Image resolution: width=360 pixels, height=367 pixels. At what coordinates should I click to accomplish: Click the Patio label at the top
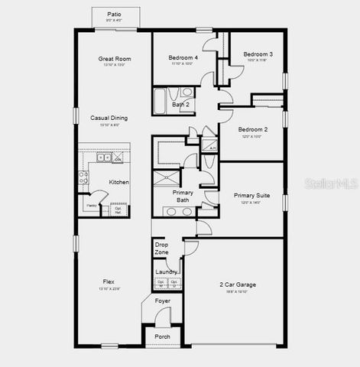tap(115, 14)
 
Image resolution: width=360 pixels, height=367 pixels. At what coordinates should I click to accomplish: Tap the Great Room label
tap(115, 58)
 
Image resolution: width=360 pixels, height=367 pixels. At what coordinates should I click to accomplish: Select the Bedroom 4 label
tap(183, 57)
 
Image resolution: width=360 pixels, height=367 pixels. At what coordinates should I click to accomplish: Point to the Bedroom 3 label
tap(258, 54)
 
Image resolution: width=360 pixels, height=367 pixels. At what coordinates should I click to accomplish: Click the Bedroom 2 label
tap(252, 129)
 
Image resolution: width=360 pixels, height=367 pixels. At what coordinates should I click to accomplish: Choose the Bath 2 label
tap(180, 105)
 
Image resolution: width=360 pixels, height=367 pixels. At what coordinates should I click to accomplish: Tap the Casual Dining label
tap(109, 118)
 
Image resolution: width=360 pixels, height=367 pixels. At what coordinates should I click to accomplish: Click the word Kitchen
tap(118, 182)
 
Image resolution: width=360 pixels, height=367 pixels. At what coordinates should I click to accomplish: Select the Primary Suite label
tap(251, 196)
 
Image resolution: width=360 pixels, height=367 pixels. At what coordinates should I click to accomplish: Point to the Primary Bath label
tap(183, 196)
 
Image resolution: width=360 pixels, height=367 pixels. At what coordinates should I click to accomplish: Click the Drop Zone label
tap(162, 248)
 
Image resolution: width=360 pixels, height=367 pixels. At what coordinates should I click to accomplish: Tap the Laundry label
tap(167, 271)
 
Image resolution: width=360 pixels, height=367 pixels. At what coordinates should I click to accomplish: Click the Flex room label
tap(109, 281)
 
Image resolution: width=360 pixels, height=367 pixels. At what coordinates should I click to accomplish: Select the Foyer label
tap(163, 301)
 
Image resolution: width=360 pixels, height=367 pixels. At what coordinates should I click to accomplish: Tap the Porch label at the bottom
tap(163, 336)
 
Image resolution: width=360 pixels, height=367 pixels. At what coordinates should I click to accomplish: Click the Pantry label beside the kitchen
tap(91, 206)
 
